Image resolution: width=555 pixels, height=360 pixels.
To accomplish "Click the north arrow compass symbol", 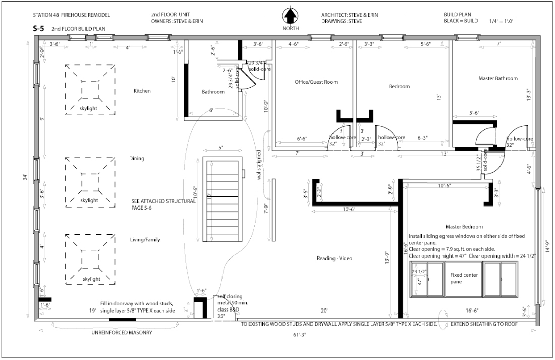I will (x=290, y=16).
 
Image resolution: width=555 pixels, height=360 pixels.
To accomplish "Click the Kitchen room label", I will (x=142, y=91).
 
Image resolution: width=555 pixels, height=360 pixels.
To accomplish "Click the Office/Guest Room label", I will (x=316, y=82).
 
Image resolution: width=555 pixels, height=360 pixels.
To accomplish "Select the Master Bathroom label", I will (x=497, y=79).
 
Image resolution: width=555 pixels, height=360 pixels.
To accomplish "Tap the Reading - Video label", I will (x=334, y=259).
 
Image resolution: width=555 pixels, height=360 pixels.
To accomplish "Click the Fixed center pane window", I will (x=463, y=278).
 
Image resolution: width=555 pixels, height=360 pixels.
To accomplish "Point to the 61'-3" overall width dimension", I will (x=293, y=335).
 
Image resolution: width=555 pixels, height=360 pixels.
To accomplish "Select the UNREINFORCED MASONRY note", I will (x=122, y=333).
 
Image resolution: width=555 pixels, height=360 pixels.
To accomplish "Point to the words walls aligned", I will (x=258, y=165).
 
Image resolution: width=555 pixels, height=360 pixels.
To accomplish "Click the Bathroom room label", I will (x=213, y=92).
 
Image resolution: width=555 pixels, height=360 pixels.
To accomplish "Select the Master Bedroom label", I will (x=464, y=227).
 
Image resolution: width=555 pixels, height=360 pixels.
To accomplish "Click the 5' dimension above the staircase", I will (x=220, y=148).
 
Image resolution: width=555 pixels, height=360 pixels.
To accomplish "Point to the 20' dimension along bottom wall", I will (x=323, y=311).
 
